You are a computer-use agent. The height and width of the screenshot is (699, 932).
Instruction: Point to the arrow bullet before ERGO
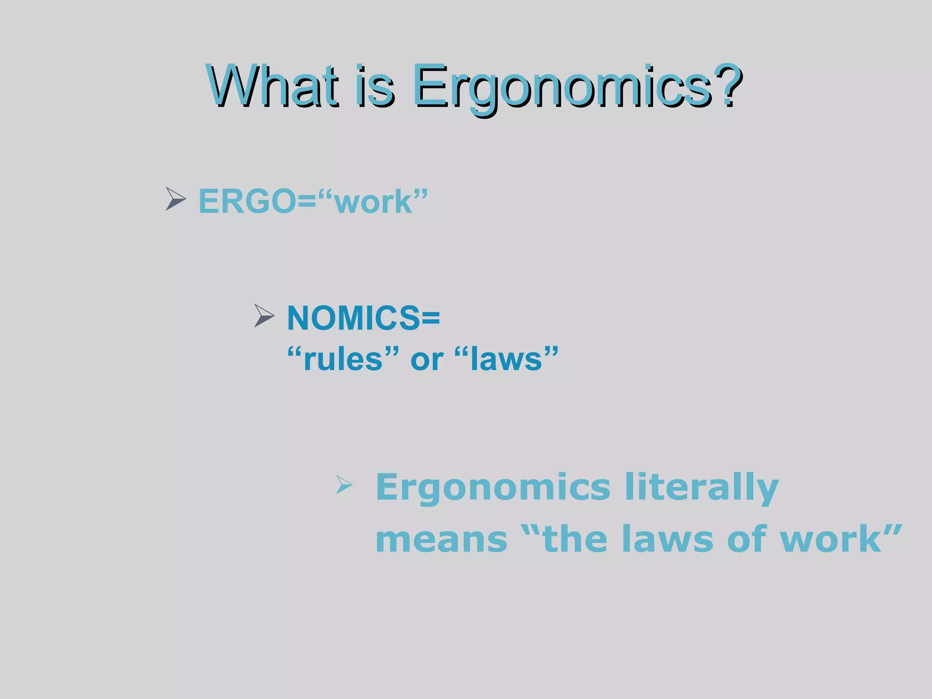click(175, 199)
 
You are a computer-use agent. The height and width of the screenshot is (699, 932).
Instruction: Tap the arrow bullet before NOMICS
click(264, 316)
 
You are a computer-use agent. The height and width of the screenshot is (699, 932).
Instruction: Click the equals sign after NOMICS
click(431, 318)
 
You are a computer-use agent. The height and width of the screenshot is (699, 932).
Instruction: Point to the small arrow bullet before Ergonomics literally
click(344, 485)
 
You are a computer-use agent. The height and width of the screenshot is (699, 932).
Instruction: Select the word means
click(441, 539)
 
